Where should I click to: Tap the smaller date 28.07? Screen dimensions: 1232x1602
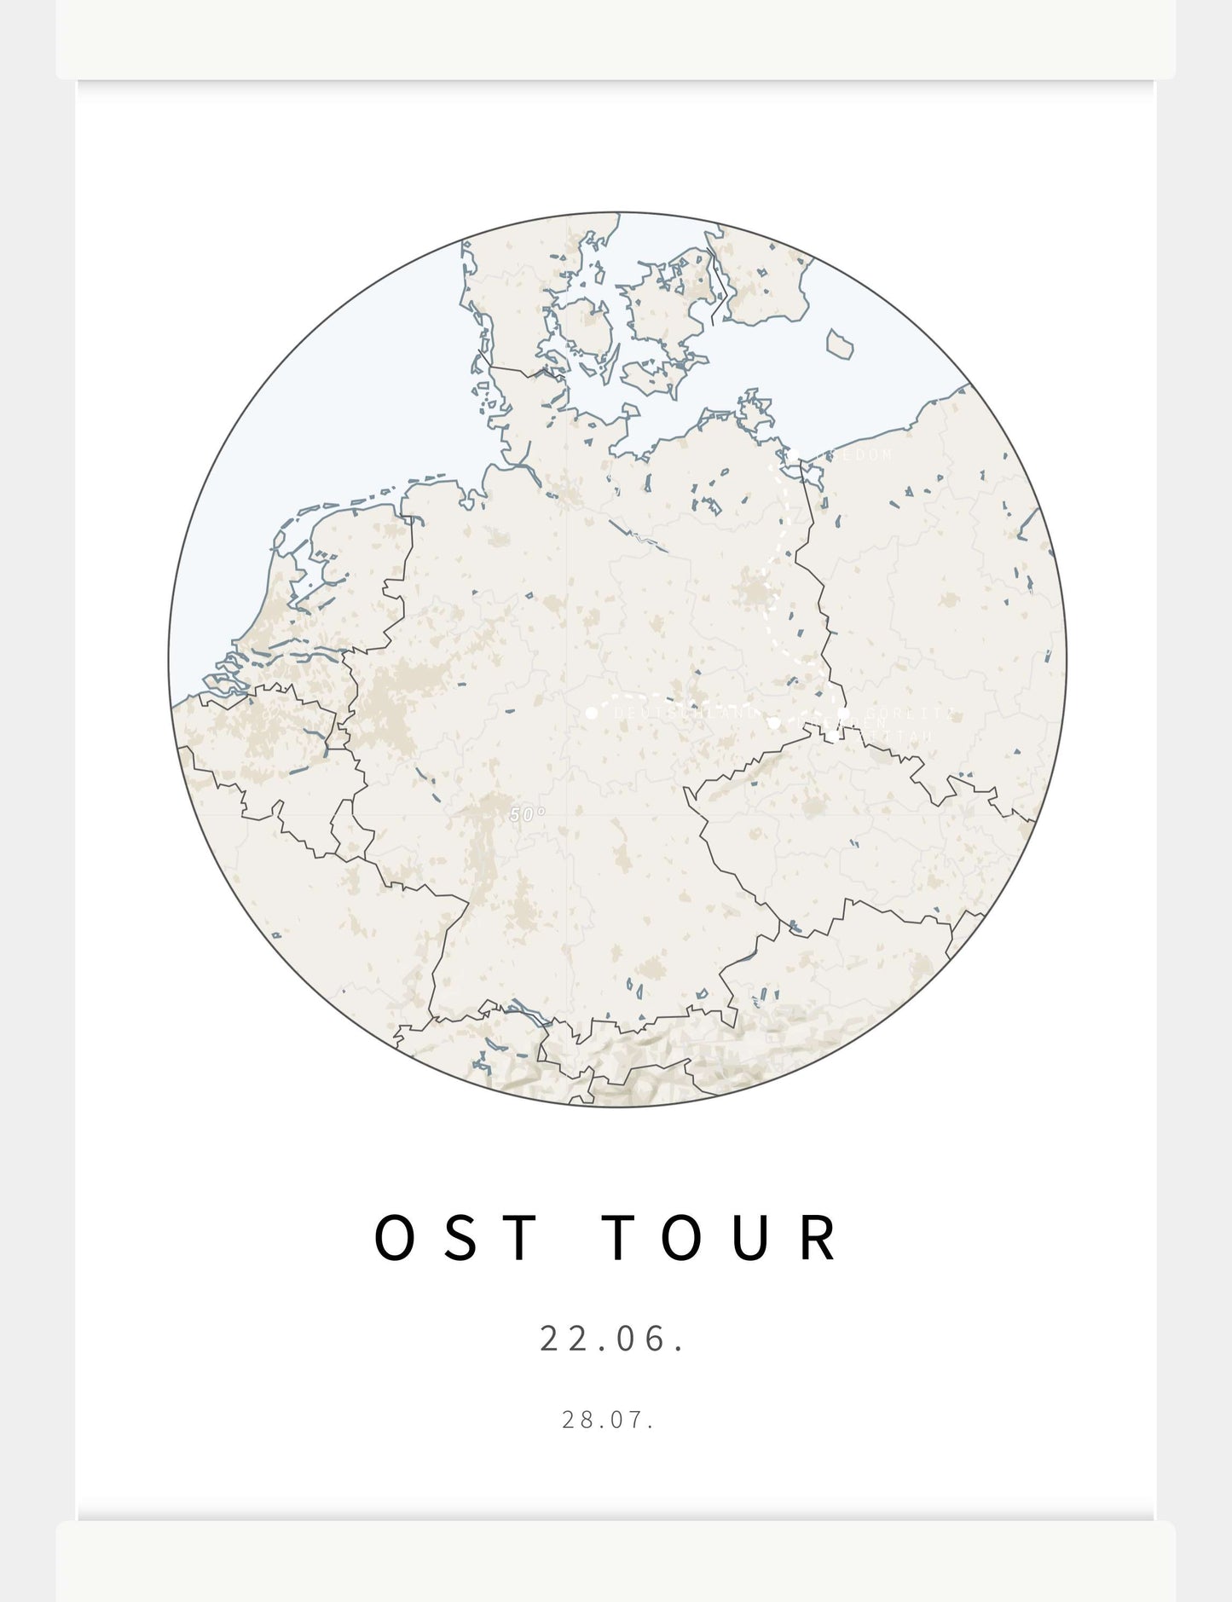(608, 1420)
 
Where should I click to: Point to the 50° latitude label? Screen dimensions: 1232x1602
(527, 814)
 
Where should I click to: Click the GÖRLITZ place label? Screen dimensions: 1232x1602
(907, 714)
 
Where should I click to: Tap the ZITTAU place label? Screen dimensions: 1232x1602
(892, 737)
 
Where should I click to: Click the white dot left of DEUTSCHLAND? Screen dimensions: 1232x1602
(592, 712)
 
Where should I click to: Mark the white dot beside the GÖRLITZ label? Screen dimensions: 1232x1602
(843, 713)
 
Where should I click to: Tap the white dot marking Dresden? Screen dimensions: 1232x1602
(773, 723)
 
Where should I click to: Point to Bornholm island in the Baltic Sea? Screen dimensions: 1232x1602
(840, 344)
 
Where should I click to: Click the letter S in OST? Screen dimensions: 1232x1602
(460, 1238)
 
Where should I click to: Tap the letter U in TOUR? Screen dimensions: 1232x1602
(750, 1238)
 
